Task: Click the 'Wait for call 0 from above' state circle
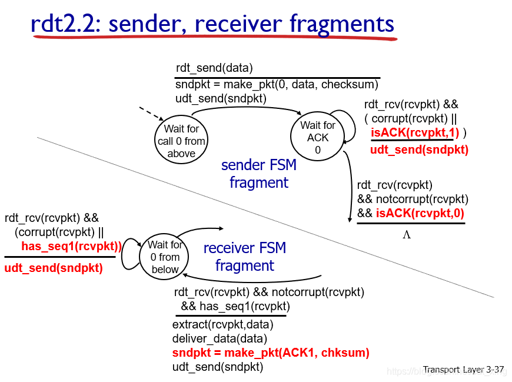point(181,141)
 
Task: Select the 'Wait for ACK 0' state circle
point(317,137)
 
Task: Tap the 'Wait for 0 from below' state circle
point(165,257)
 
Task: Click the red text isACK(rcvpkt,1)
point(414,132)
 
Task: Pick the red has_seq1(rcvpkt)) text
point(71,246)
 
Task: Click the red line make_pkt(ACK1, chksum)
point(271,353)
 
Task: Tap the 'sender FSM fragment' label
point(259,174)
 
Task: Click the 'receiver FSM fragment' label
point(245,257)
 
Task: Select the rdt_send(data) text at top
point(214,68)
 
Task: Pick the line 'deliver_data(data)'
point(220,338)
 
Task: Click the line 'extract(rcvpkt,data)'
point(222,324)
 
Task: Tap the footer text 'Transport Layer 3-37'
point(463,370)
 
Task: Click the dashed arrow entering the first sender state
point(151,114)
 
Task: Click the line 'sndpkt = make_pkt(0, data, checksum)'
point(277,84)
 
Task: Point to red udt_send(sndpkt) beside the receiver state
point(53,268)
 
